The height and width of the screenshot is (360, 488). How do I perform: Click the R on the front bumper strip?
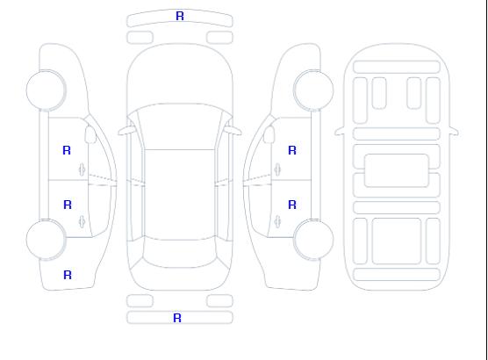pos(180,16)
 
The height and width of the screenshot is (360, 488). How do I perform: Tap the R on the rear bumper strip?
pos(177,318)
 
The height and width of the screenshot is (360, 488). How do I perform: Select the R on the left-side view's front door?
pos(67,150)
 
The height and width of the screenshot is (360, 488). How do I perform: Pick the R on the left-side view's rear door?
pos(68,205)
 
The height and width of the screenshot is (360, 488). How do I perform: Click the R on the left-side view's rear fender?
pos(68,275)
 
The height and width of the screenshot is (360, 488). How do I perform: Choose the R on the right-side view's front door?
pos(292,150)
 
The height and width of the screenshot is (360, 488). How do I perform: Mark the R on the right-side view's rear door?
pos(292,205)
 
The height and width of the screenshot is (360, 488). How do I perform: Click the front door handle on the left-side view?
pos(83,169)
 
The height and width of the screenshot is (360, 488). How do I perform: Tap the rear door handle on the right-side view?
pos(277,221)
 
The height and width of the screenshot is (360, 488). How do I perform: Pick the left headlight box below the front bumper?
pos(140,38)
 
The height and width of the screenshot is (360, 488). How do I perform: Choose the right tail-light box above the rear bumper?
pos(219,301)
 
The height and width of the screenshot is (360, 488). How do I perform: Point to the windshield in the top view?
pos(180,126)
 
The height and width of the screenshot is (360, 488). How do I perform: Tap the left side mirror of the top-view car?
pos(126,131)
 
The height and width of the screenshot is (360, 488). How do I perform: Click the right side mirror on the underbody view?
pos(454,132)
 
